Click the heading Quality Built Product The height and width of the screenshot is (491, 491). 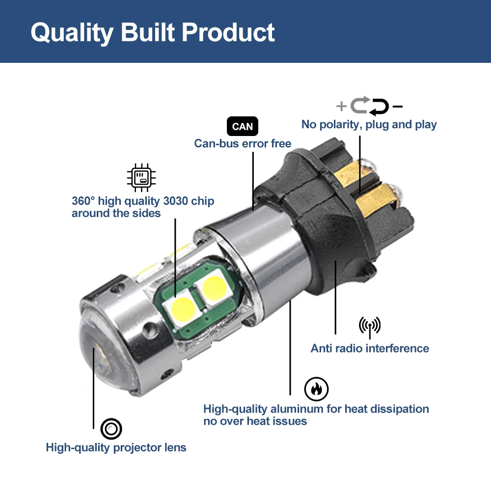(153, 32)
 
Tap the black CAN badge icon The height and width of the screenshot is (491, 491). (242, 127)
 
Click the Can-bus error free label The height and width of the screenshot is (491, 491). (243, 143)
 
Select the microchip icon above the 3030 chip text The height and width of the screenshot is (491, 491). (141, 178)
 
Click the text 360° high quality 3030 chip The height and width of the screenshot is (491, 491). (143, 201)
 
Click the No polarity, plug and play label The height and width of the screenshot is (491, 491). (369, 124)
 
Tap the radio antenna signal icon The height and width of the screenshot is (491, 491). (370, 327)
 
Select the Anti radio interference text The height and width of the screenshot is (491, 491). (370, 349)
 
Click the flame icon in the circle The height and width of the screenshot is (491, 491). (316, 389)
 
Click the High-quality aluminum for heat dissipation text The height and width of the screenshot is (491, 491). (316, 409)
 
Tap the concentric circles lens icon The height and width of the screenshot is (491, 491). (111, 430)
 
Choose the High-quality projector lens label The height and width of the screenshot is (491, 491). (116, 447)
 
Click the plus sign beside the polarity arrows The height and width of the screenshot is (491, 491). (341, 106)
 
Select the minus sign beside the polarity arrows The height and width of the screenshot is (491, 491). (397, 106)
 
